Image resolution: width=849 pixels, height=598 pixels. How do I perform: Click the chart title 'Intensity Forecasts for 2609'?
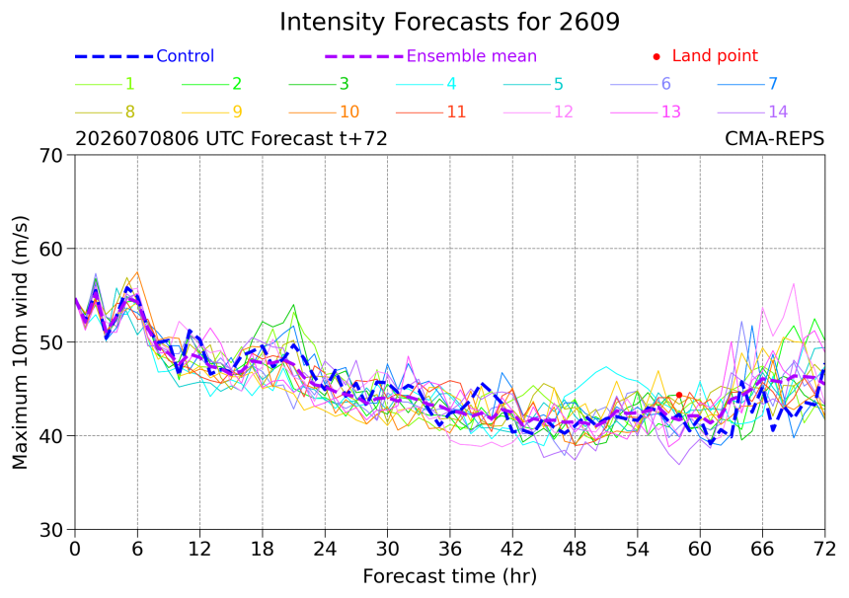(449, 23)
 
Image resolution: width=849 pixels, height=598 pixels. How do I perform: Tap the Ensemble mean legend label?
(471, 55)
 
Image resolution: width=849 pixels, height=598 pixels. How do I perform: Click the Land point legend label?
(715, 55)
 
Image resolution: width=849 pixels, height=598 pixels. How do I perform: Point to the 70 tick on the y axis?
(51, 156)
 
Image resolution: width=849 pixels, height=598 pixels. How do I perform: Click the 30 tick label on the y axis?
(51, 530)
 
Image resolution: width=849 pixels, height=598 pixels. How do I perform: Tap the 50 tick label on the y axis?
(51, 342)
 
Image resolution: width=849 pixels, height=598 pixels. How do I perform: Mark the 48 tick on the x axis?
(575, 550)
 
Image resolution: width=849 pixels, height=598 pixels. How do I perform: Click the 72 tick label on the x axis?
(824, 550)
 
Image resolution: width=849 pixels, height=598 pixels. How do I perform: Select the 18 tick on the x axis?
(262, 550)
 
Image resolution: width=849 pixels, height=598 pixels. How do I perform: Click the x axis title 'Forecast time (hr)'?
(449, 576)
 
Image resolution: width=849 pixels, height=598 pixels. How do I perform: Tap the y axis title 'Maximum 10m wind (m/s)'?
(20, 342)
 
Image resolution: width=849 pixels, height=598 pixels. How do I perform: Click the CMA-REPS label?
(774, 139)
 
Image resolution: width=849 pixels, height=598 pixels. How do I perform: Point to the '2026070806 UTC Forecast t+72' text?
(231, 139)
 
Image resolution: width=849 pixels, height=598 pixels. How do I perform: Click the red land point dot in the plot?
(679, 395)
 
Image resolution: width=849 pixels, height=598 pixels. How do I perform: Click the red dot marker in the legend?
(656, 56)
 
